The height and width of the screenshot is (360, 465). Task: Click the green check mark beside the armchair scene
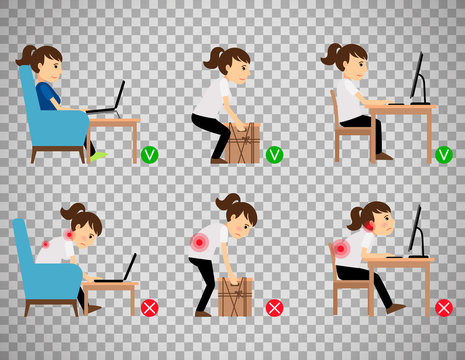point(149,155)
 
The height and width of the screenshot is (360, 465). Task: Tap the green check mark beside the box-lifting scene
point(274,155)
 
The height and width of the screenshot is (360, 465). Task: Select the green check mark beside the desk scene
point(444,155)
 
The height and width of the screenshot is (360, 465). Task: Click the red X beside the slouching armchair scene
point(149,307)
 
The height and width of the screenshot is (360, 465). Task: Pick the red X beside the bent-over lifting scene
point(274,307)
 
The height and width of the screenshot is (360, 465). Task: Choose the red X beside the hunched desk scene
point(444,307)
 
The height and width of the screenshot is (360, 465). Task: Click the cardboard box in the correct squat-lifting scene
point(243,144)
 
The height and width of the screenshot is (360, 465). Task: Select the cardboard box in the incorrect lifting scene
point(235,297)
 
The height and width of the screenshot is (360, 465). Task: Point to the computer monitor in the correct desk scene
point(416,78)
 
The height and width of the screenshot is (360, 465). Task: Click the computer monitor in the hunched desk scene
point(413,232)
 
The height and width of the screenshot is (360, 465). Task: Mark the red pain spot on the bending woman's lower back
point(200,243)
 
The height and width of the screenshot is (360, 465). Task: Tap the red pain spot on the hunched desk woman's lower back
point(341,248)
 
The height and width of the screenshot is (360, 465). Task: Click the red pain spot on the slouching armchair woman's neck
point(70,234)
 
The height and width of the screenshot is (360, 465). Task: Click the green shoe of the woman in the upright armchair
point(97,156)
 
